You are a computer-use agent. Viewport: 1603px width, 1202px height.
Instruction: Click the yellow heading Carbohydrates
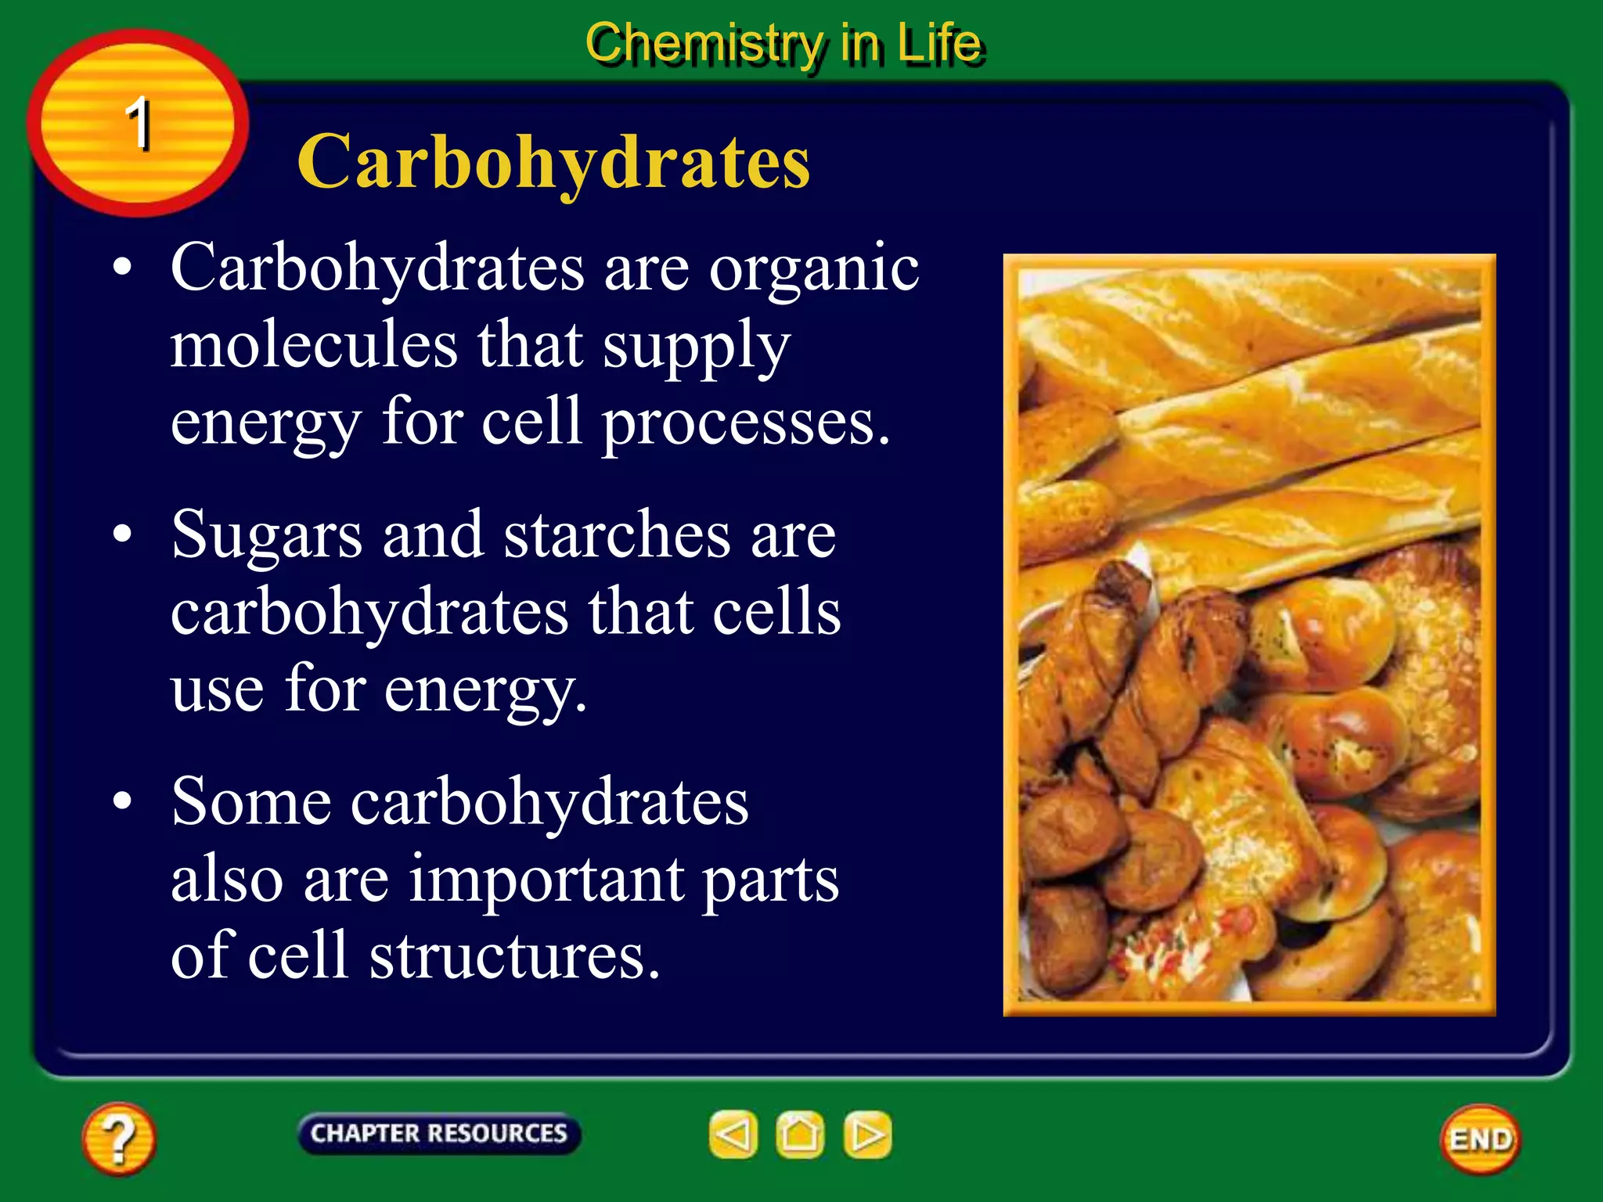pos(553,162)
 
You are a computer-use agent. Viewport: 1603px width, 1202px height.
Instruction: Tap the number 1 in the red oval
pos(139,123)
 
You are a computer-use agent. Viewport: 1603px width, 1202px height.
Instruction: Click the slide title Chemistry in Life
pos(783,43)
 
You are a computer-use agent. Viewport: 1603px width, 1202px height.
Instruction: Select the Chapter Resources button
pos(439,1133)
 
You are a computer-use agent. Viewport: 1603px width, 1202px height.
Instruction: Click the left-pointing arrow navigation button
pos(733,1135)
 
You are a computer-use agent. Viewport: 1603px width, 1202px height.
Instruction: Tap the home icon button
pos(800,1135)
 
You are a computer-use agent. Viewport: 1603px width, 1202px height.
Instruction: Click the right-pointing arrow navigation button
pos(867,1135)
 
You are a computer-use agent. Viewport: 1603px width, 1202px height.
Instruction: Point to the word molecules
pos(314,345)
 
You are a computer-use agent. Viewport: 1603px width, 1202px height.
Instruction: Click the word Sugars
pos(267,536)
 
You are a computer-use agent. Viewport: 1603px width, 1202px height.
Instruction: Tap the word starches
pos(617,534)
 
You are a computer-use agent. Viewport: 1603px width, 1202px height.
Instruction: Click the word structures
pos(514,956)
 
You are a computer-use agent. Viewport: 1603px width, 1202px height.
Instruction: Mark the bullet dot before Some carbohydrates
pos(122,802)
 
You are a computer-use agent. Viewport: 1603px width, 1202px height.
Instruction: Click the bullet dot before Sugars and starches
pos(122,534)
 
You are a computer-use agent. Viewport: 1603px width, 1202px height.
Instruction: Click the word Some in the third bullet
pos(250,802)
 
